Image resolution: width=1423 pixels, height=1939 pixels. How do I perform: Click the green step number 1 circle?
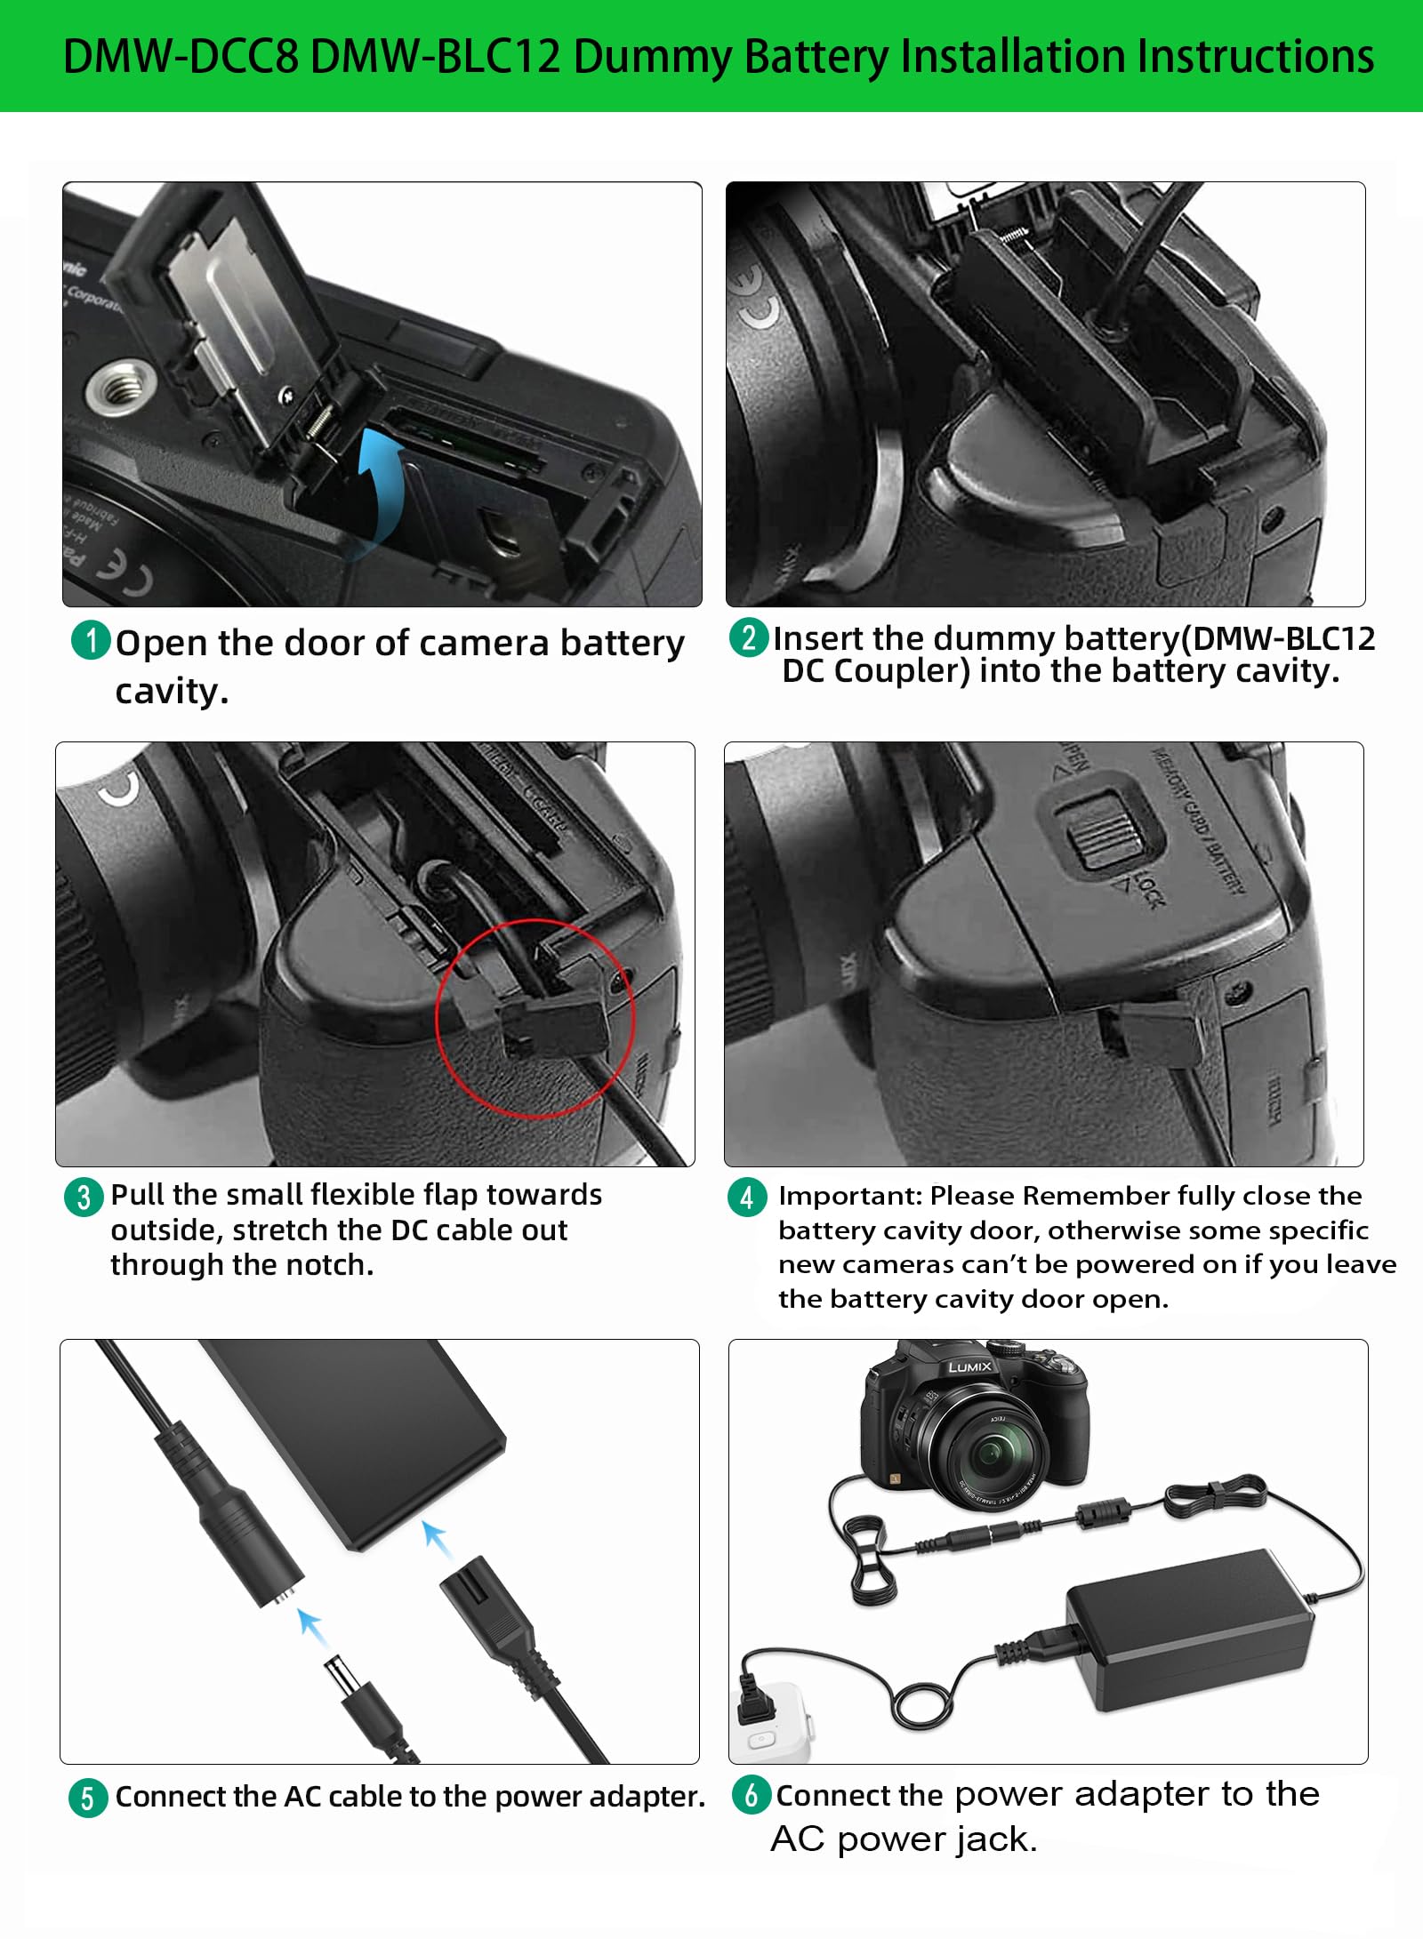click(x=90, y=640)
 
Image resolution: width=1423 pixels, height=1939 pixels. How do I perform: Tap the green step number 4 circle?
click(x=746, y=1197)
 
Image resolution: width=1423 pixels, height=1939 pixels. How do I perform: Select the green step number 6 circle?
click(x=751, y=1795)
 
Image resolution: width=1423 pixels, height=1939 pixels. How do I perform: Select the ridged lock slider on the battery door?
click(x=1105, y=829)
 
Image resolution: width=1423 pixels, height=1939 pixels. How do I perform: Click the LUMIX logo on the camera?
click(x=969, y=1366)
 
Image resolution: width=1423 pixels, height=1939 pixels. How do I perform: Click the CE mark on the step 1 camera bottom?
click(x=125, y=573)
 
